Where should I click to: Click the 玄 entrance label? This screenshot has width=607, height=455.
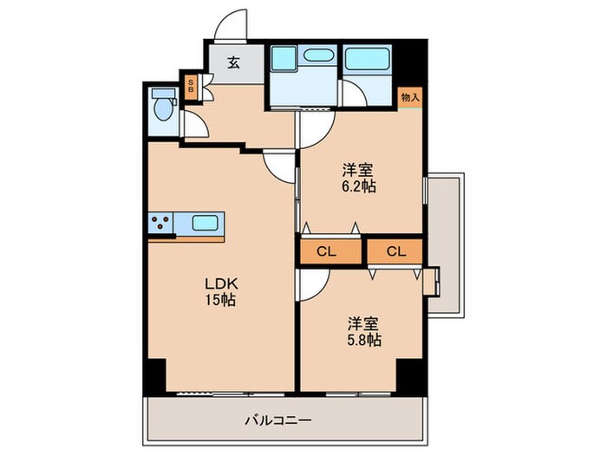(233, 62)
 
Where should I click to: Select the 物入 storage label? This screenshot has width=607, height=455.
(410, 97)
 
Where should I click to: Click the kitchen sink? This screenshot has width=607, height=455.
(205, 223)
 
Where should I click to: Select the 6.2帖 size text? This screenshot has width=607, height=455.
(359, 185)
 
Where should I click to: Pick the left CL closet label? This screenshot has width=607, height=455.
(326, 252)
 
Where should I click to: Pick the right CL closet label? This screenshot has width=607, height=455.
(395, 252)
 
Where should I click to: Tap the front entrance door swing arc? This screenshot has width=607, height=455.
(232, 24)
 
